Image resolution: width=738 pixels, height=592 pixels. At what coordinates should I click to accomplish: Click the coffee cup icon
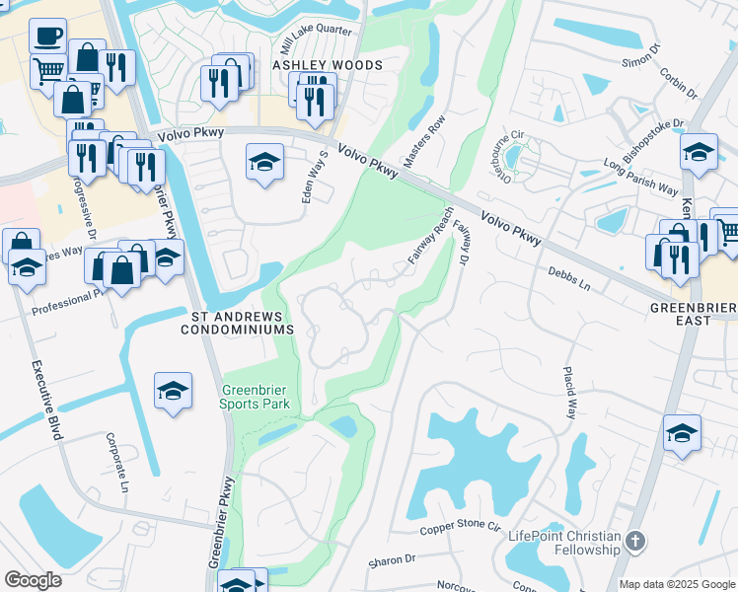pyautogui.click(x=47, y=37)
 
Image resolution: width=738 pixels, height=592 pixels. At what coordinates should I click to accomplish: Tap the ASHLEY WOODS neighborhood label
pyautogui.click(x=327, y=65)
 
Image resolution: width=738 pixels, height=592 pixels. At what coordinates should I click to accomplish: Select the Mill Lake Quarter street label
pyautogui.click(x=316, y=38)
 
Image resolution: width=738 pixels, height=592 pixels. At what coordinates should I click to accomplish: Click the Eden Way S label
pyautogui.click(x=315, y=178)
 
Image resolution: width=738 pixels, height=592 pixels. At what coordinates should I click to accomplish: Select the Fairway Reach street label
pyautogui.click(x=431, y=235)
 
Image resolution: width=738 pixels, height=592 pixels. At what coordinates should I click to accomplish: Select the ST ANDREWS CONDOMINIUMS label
pyautogui.click(x=237, y=324)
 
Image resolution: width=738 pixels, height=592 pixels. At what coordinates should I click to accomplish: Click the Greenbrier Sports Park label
pyautogui.click(x=256, y=396)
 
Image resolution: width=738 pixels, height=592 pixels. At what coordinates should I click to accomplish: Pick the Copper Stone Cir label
pyautogui.click(x=461, y=528)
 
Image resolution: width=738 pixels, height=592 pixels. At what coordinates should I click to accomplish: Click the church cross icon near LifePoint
pyautogui.click(x=635, y=541)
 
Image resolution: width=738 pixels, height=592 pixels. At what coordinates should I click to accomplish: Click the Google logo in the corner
pyautogui.click(x=33, y=580)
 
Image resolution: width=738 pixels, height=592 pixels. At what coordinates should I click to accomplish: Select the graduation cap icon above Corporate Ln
pyautogui.click(x=173, y=392)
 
